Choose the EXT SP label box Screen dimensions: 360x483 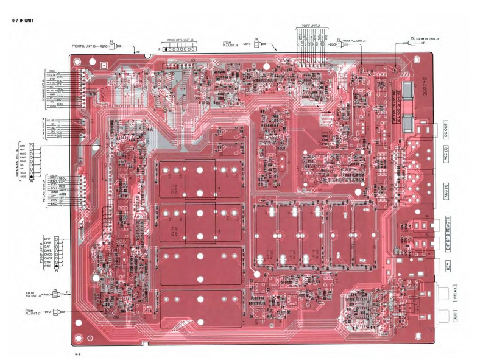[448, 242]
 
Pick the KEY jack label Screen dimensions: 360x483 [448, 266]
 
